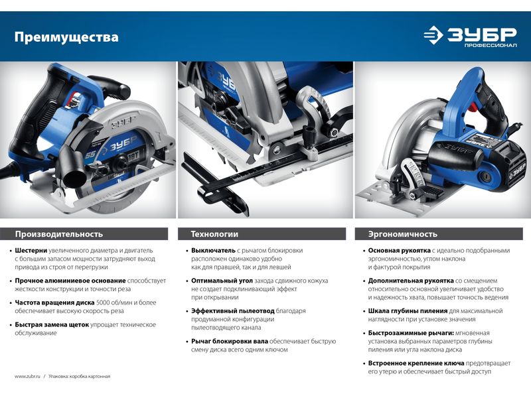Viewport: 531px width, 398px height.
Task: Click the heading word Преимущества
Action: (66, 37)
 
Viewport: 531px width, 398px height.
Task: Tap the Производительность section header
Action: (59, 234)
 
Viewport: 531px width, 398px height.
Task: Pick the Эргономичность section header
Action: (403, 234)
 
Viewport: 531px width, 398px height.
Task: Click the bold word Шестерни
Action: (31, 251)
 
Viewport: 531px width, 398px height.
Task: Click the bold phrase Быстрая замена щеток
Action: (52, 325)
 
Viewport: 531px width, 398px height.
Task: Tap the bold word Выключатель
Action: (213, 251)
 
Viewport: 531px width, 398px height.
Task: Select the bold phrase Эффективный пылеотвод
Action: (233, 311)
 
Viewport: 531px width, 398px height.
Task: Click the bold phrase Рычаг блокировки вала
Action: (230, 341)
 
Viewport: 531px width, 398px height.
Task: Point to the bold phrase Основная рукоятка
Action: (400, 251)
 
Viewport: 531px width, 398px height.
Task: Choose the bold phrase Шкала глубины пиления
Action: (408, 311)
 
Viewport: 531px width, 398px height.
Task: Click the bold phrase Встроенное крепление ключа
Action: (416, 363)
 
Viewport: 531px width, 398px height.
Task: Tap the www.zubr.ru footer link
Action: (27, 376)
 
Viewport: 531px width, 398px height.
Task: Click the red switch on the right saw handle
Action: (473, 107)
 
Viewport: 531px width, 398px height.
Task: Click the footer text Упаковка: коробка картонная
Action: (79, 376)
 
